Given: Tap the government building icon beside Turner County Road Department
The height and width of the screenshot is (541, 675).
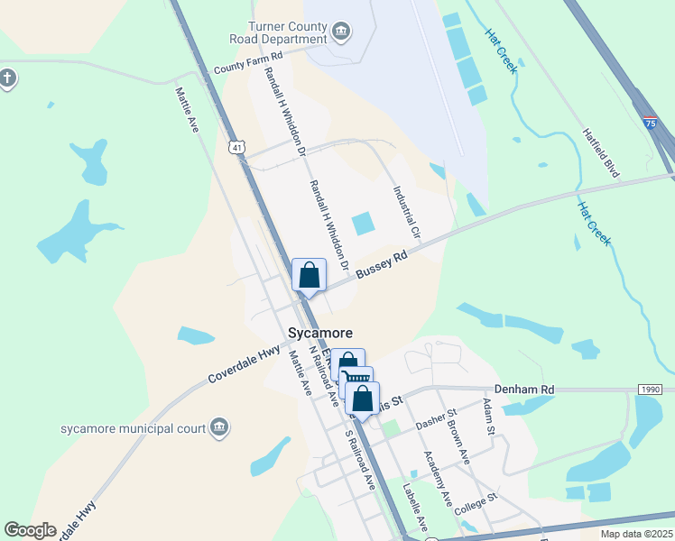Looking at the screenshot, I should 341,34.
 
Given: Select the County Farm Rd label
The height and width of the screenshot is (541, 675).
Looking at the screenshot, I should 248,63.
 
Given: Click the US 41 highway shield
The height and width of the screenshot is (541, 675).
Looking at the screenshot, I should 236,146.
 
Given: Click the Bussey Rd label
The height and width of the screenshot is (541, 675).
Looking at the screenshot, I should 382,264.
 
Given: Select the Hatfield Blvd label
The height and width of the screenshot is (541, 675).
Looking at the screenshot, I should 604,151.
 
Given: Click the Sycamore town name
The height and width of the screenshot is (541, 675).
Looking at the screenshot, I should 319,333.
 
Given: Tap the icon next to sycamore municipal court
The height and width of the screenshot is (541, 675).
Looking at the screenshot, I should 218,426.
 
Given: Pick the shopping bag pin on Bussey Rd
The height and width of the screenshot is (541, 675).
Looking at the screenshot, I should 309,275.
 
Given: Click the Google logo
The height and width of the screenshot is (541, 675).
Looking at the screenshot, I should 30,530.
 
